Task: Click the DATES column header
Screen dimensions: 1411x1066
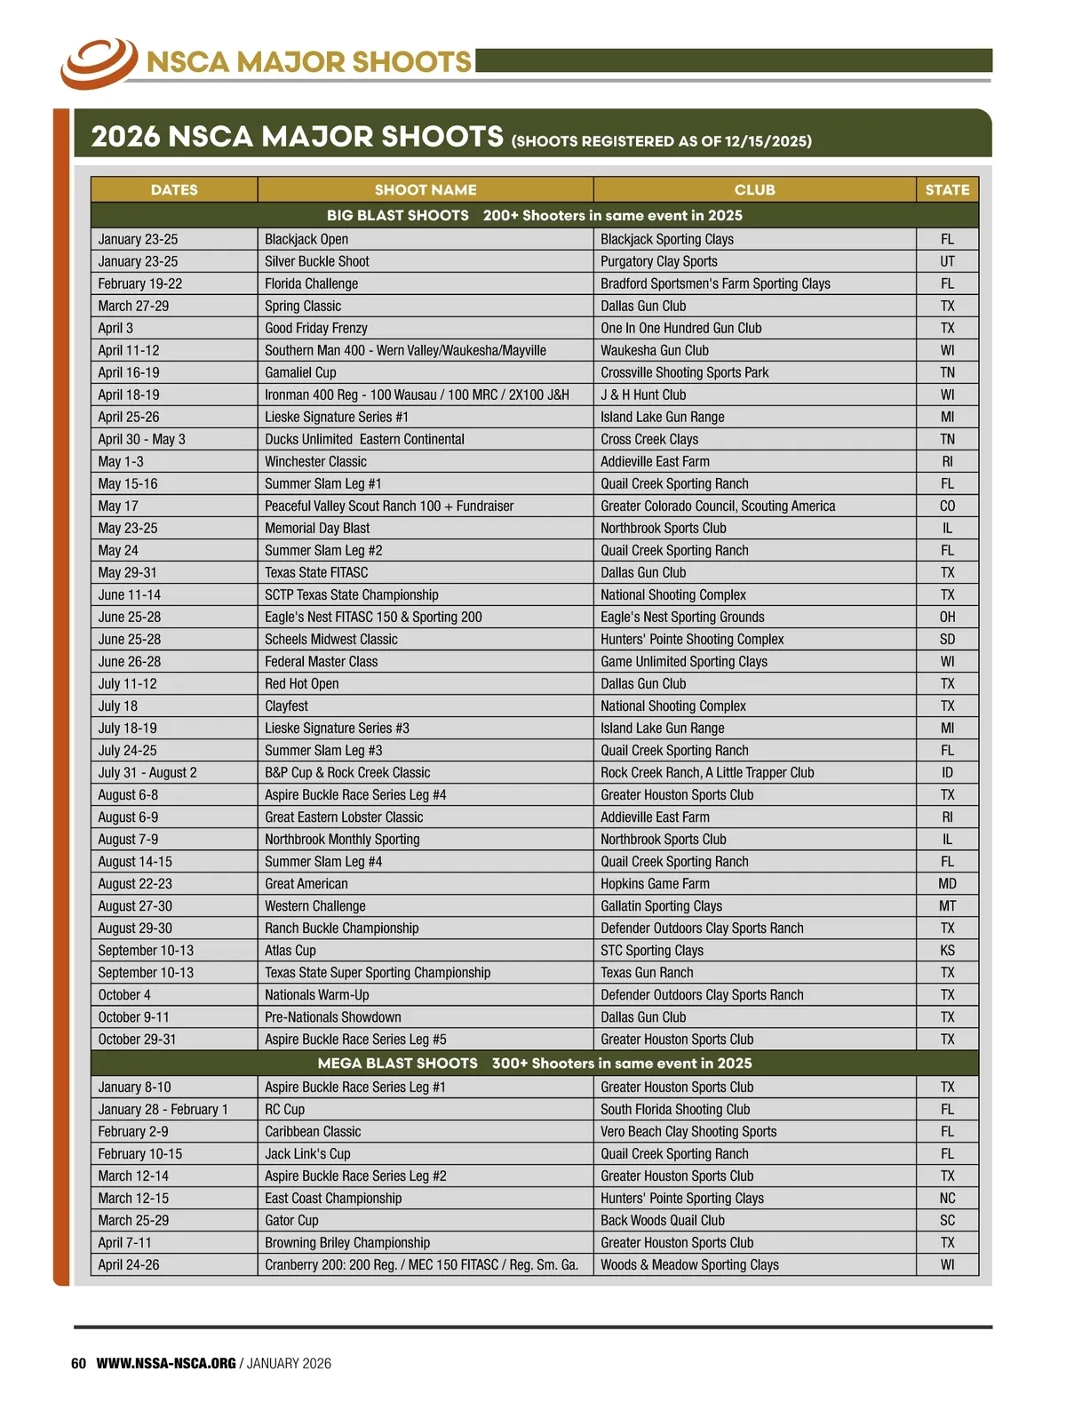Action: [x=174, y=189]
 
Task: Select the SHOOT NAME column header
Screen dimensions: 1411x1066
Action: [x=426, y=189]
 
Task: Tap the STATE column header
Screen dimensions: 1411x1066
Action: [x=947, y=189]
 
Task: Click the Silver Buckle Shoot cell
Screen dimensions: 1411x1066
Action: [x=317, y=261]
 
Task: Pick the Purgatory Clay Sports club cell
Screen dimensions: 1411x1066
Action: [x=659, y=261]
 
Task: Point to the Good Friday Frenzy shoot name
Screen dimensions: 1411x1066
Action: [x=316, y=328]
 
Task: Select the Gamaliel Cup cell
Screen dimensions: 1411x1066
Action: [x=300, y=372]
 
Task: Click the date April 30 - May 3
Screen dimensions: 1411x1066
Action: [x=142, y=439]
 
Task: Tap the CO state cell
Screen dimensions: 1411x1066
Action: [x=947, y=506]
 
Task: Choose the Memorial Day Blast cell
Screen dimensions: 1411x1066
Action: [x=317, y=528]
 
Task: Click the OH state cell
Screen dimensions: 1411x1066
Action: [x=947, y=617]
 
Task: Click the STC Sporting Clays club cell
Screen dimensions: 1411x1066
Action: [x=652, y=950]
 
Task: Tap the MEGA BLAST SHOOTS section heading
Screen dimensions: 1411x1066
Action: [x=398, y=1063]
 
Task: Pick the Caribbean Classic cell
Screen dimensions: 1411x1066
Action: [x=313, y=1131]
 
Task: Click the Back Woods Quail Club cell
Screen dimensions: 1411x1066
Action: [x=663, y=1220]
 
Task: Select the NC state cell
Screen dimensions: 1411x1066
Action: [x=947, y=1198]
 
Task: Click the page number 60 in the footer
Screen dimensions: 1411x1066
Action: [x=78, y=1363]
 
